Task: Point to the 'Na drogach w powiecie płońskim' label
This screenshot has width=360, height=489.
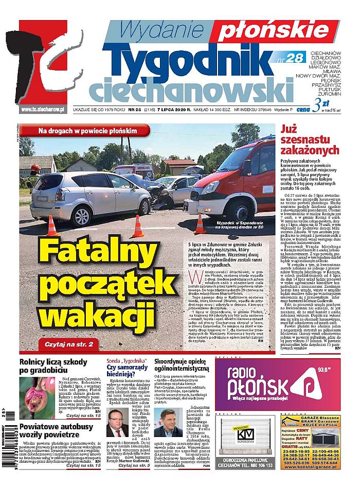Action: pos(87,131)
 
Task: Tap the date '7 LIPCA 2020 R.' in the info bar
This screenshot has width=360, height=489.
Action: pos(174,109)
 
